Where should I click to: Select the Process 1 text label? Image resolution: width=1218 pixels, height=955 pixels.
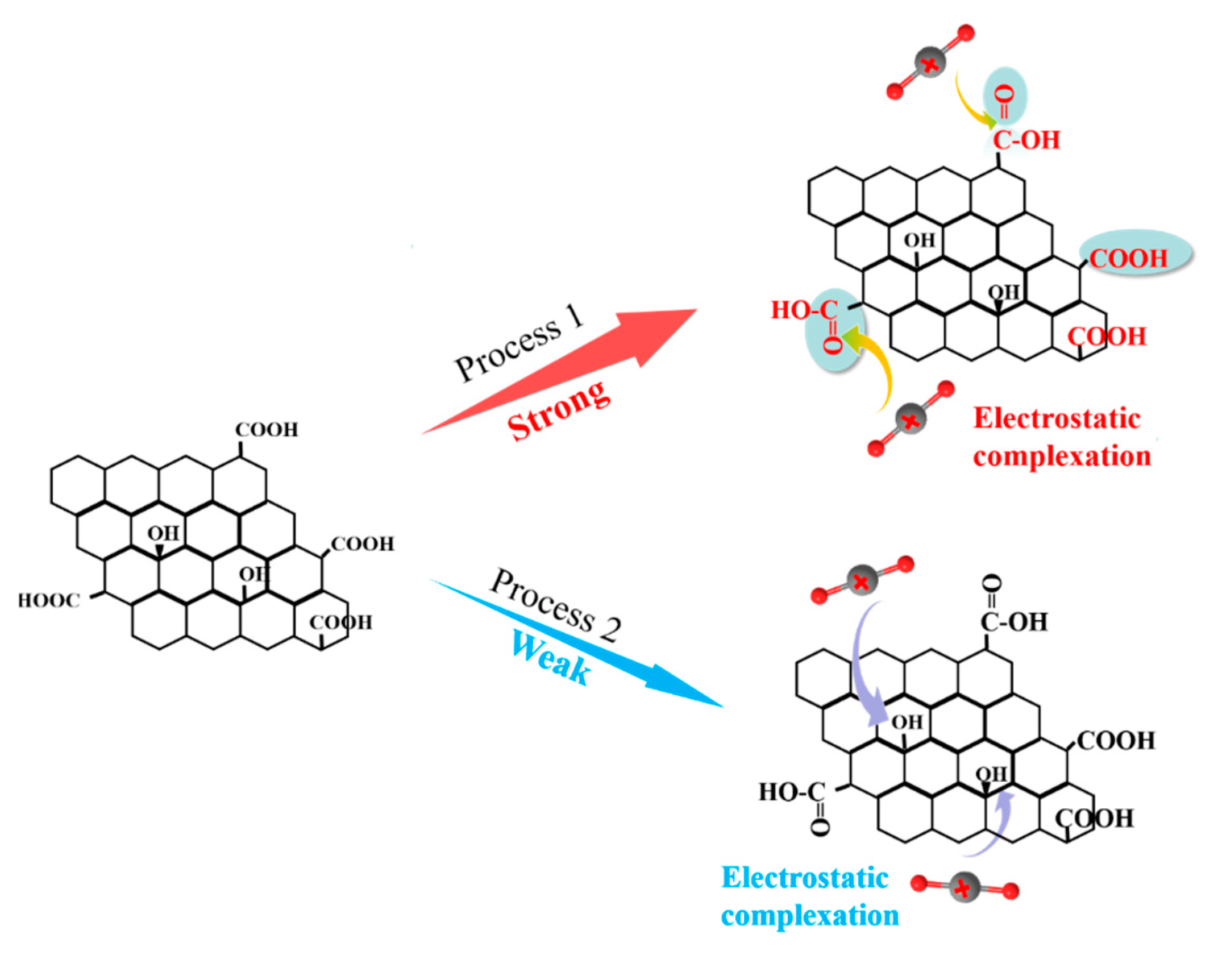pyautogui.click(x=518, y=344)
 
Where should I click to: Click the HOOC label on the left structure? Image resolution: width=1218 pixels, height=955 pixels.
pyautogui.click(x=49, y=601)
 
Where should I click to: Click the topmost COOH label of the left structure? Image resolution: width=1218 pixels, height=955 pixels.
pyautogui.click(x=267, y=430)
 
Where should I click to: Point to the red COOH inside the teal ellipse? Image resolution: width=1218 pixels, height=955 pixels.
pyautogui.click(x=1128, y=259)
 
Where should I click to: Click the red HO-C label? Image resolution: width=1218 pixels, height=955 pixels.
pyautogui.click(x=804, y=310)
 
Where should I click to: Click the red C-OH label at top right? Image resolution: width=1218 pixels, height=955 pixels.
pyautogui.click(x=1026, y=140)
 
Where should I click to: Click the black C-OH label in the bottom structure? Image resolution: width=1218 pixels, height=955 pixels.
pyautogui.click(x=1014, y=622)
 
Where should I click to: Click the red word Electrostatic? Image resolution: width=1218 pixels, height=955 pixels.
pyautogui.click(x=1057, y=419)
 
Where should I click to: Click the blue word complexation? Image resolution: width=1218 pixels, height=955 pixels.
pyautogui.click(x=810, y=916)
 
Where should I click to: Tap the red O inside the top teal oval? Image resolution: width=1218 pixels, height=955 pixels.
pyautogui.click(x=1004, y=93)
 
